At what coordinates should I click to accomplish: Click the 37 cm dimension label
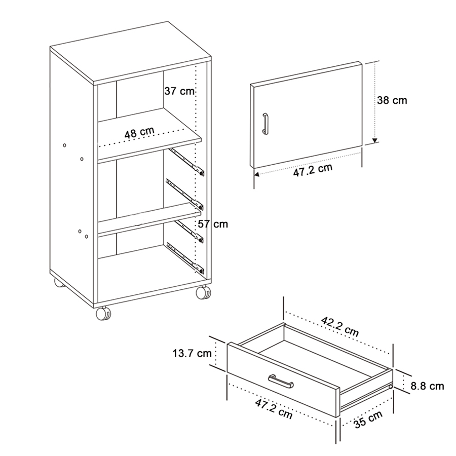point(179,91)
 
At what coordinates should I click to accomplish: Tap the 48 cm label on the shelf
point(139,133)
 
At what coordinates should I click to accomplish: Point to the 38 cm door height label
point(392,100)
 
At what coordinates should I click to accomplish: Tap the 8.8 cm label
point(427,386)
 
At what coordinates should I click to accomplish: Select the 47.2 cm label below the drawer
point(274,409)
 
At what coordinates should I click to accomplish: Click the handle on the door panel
point(264,124)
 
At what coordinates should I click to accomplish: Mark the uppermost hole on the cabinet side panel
point(64,146)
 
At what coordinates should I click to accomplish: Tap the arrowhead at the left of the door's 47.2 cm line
point(256,175)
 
